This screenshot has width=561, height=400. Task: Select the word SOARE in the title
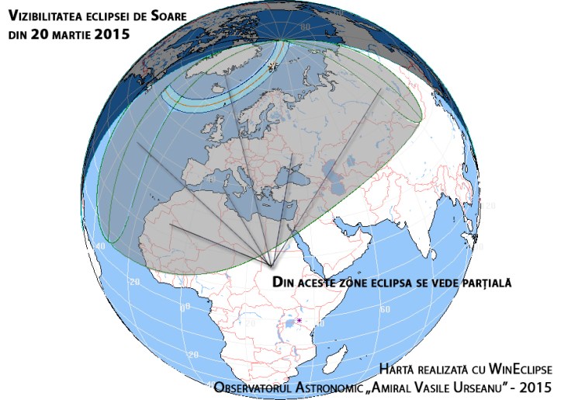click(172, 14)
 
